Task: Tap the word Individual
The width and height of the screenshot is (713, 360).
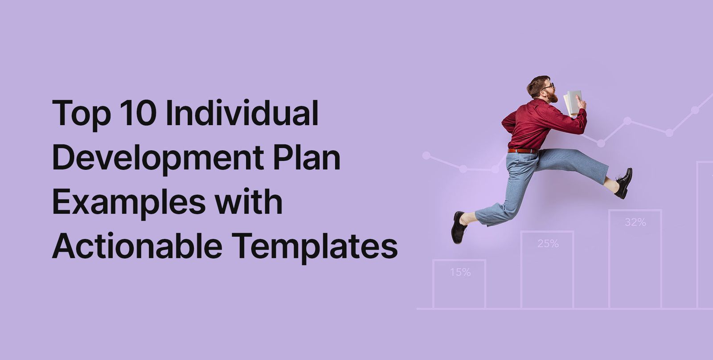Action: (242, 113)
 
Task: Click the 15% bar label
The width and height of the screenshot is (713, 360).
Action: (460, 272)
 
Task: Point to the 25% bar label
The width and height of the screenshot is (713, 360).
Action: (548, 244)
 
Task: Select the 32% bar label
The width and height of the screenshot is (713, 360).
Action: (635, 222)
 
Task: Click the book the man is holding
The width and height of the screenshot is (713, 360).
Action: (573, 102)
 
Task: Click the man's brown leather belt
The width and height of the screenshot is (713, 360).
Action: (522, 151)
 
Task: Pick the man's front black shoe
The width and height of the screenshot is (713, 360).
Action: (623, 183)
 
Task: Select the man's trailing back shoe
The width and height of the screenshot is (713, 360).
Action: (458, 228)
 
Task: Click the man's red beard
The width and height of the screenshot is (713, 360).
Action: (553, 97)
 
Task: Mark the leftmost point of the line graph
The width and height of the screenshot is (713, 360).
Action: (426, 155)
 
